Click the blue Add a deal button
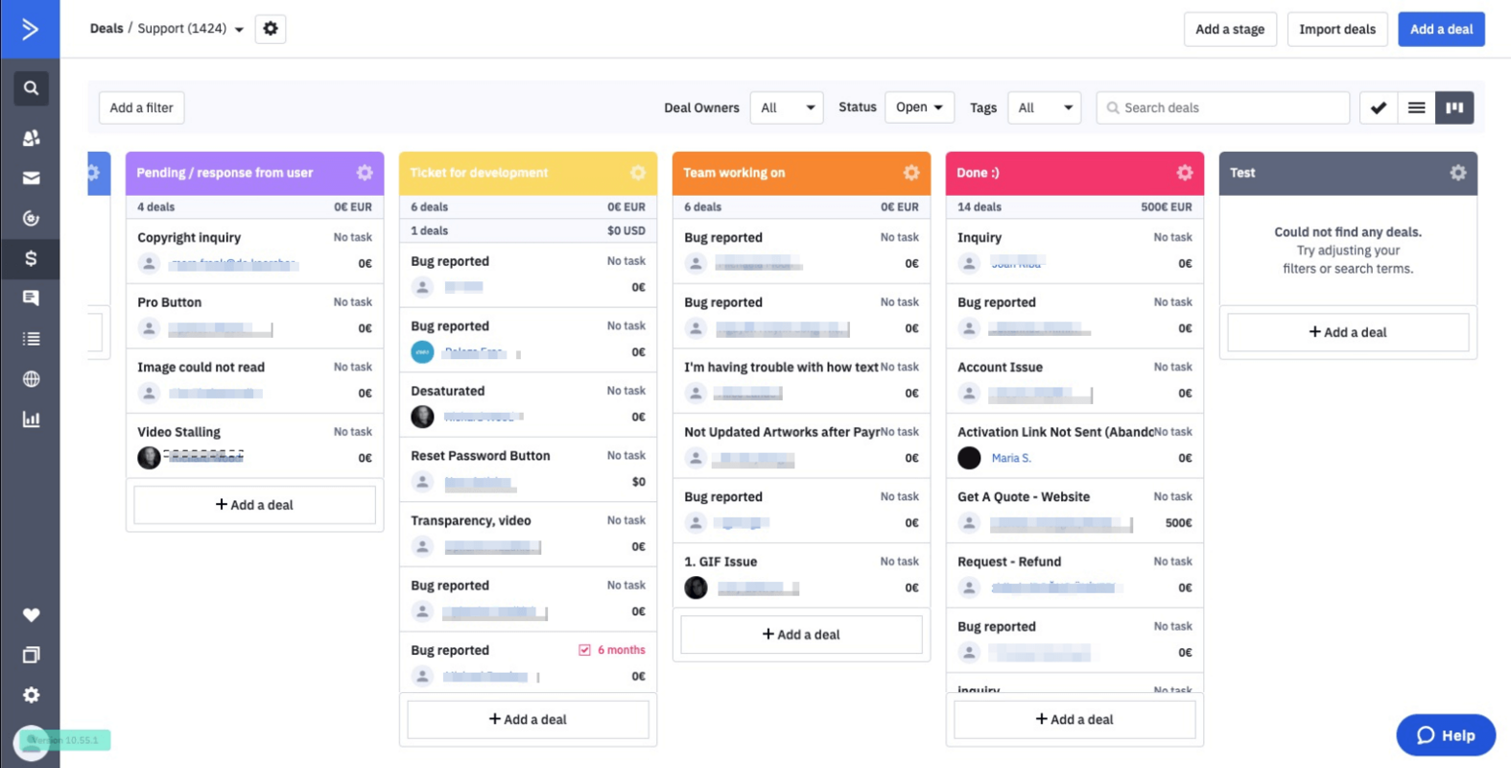click(x=1440, y=29)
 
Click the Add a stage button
click(x=1229, y=29)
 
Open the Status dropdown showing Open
click(x=918, y=108)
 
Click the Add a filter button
click(x=141, y=108)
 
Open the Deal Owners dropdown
click(x=786, y=108)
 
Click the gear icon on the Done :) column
click(x=1184, y=173)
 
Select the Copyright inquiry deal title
click(x=189, y=237)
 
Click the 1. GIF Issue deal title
click(x=720, y=562)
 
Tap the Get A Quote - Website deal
click(x=1023, y=496)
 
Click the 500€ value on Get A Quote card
click(x=1178, y=523)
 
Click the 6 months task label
click(x=621, y=650)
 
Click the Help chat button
click(x=1445, y=735)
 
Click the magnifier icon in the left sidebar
click(x=31, y=88)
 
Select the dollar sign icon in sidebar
click(x=31, y=258)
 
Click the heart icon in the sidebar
click(x=31, y=614)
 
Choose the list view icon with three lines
click(x=1416, y=108)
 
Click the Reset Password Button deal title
click(x=480, y=456)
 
